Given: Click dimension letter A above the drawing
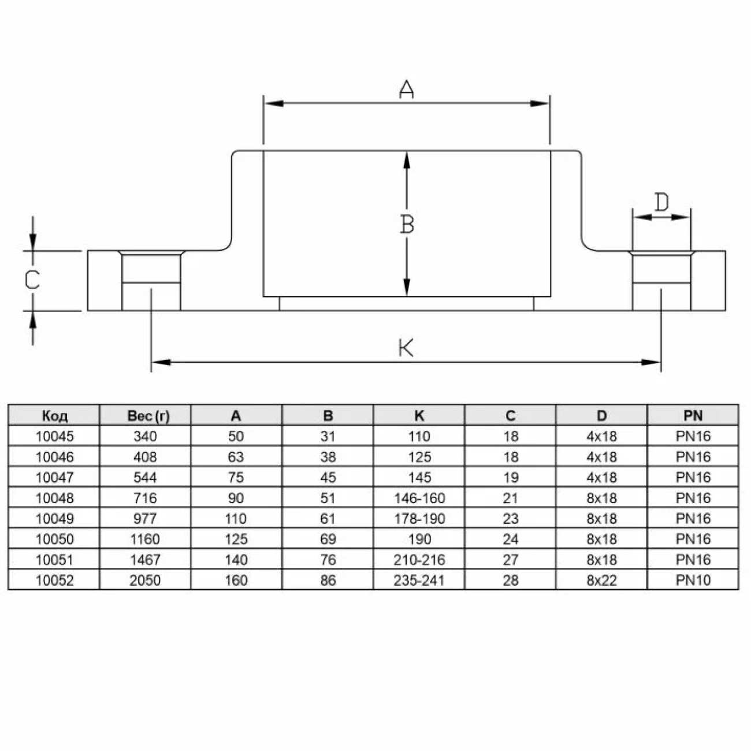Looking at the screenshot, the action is pyautogui.click(x=407, y=89).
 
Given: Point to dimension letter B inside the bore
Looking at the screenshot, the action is pyautogui.click(x=407, y=225).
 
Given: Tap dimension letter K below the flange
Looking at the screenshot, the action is pyautogui.click(x=406, y=348).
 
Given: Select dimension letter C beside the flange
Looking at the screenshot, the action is pyautogui.click(x=32, y=280).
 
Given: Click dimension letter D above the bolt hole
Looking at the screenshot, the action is pyautogui.click(x=661, y=202).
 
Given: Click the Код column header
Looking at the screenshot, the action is pyautogui.click(x=54, y=416).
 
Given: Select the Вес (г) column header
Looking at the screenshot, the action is pyautogui.click(x=148, y=416).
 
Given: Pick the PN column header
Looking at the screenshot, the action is pyautogui.click(x=693, y=415).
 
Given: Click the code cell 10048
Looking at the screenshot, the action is pyautogui.click(x=54, y=498).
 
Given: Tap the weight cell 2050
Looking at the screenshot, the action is pyautogui.click(x=145, y=581).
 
